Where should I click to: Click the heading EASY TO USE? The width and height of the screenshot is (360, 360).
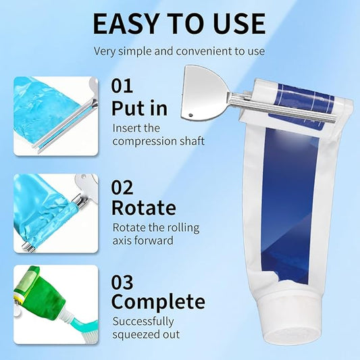click(179, 23)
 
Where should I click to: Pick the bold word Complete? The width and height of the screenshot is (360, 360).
click(158, 301)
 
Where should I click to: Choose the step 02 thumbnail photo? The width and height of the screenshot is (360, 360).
click(55, 213)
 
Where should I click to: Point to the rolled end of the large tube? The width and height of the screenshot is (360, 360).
click(301, 101)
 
